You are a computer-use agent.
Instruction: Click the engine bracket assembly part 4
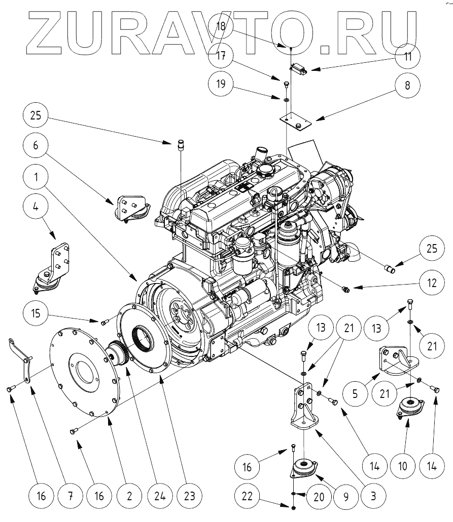click(x=51, y=266)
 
